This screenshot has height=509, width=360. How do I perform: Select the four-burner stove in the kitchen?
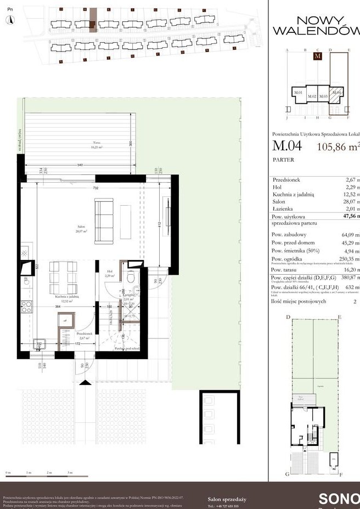coord(26,307)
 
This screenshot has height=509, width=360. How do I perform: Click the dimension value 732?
coord(95,188)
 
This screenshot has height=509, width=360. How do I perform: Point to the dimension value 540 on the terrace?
coord(80,165)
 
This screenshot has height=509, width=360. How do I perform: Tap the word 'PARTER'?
coord(283,160)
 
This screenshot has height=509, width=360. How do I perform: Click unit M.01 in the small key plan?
coord(299,93)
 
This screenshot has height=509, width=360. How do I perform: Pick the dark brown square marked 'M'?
coord(317,56)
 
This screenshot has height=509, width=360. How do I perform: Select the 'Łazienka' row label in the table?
coord(283,209)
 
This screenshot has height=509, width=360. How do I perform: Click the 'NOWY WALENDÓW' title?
coord(312,25)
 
